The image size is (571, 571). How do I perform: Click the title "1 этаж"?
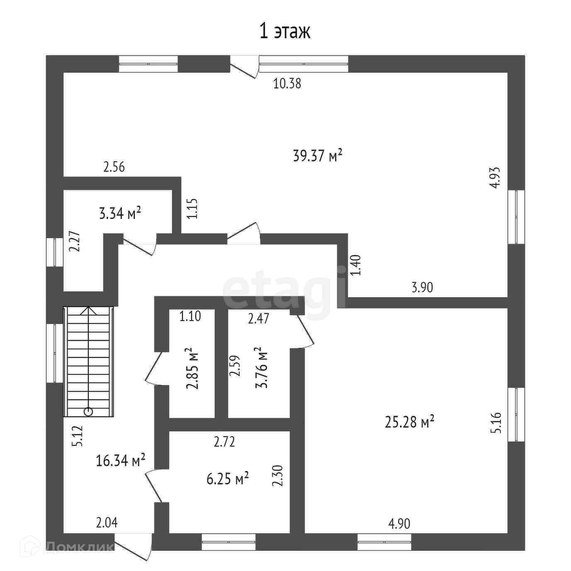coord(285,32)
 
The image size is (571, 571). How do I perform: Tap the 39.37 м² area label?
coord(318,156)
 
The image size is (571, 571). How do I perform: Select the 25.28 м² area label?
coord(410,422)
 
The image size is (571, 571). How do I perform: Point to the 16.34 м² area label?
coord(121,460)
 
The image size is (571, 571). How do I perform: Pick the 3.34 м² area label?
coord(119,213)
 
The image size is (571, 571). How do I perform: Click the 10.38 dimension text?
coord(287,84)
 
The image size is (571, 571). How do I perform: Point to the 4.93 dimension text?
coord(495,177)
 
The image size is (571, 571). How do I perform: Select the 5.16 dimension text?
coord(496,423)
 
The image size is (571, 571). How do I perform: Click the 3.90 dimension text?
coord(422,287)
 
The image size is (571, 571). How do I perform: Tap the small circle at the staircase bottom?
coord(88,412)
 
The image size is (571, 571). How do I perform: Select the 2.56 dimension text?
coord(114,168)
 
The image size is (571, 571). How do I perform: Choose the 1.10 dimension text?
coord(190,316)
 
